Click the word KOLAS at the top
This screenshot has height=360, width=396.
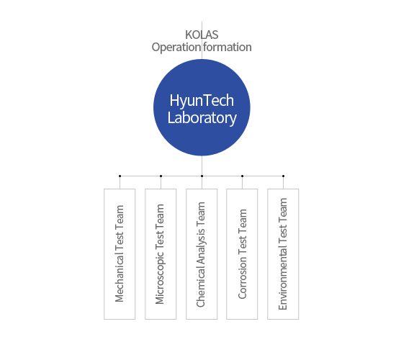[x=202, y=35]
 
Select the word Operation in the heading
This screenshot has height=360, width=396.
[x=176, y=48]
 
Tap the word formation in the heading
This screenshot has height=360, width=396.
[x=228, y=47]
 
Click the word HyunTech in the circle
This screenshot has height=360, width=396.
[x=202, y=101]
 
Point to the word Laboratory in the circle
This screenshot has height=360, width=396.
[x=202, y=118]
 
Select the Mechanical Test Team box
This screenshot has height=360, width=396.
[x=120, y=254]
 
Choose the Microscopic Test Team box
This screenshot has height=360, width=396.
[x=161, y=254]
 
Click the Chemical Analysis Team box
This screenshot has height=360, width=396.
[x=202, y=254]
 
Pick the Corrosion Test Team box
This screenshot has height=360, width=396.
[x=242, y=254]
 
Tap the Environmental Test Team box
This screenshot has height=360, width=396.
[x=283, y=254]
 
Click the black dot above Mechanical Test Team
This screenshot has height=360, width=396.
[x=120, y=176]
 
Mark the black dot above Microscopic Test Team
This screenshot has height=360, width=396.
[x=161, y=176]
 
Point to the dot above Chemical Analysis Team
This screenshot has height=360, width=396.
[x=202, y=176]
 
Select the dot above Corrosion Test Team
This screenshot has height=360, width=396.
[x=242, y=176]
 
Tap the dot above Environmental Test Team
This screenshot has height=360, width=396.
[x=284, y=176]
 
